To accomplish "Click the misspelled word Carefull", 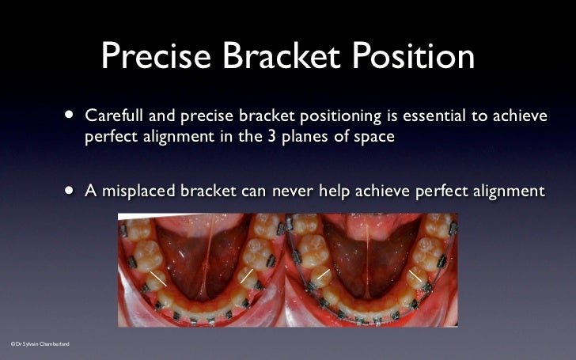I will [x=114, y=116].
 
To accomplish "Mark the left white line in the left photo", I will [x=158, y=279].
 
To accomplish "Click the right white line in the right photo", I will [x=415, y=276].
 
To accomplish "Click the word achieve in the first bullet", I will [x=520, y=116].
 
